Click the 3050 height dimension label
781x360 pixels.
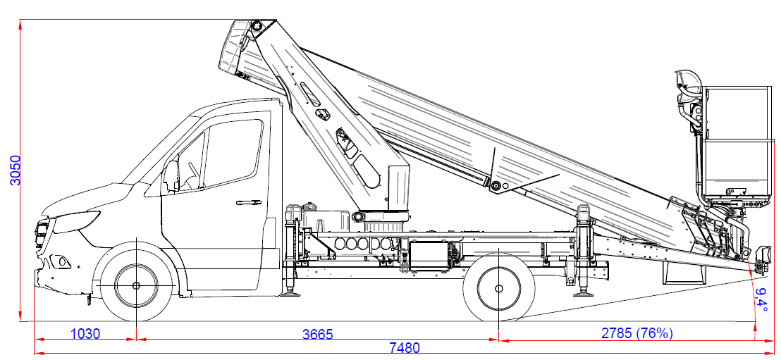[x=16, y=170]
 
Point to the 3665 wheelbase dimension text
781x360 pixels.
[x=317, y=334]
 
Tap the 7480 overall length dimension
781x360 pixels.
[x=404, y=347]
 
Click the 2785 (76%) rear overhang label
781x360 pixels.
[x=637, y=333]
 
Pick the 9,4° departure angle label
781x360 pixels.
[x=761, y=300]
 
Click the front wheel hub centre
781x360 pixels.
[x=136, y=285]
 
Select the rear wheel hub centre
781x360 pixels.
[x=498, y=288]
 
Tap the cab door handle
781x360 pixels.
[x=249, y=202]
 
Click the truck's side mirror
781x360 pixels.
[x=171, y=175]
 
